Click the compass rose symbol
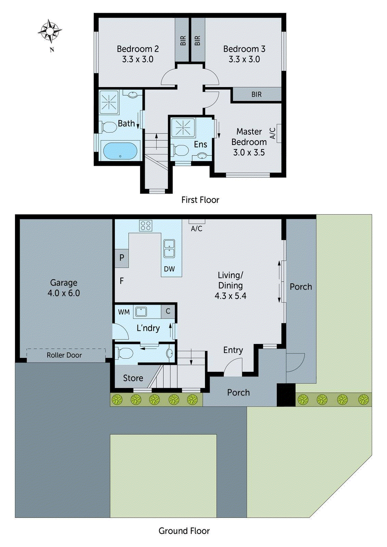tap(50, 31)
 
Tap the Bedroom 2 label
tap(138, 49)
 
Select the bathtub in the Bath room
tap(120, 151)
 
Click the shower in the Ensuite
tap(183, 128)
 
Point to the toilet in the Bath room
tap(109, 128)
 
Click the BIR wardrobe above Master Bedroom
tap(256, 94)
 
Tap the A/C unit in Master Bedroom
tap(279, 133)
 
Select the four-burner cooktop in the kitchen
tap(145, 226)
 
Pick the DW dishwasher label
tap(169, 269)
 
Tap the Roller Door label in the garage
tap(64, 355)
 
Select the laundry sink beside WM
tap(141, 311)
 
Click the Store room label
tap(133, 378)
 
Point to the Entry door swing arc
tap(233, 366)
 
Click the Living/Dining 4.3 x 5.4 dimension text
tap(230, 296)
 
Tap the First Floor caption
tap(200, 200)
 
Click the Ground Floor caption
tap(184, 531)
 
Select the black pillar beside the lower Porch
tap(286, 395)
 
